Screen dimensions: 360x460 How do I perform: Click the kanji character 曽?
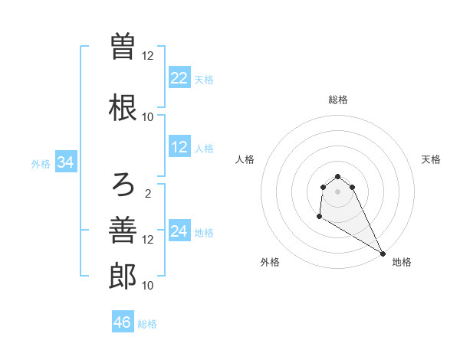pos(123,46)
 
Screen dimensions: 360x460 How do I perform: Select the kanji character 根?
pos(123,107)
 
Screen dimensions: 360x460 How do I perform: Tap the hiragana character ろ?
pos(123,183)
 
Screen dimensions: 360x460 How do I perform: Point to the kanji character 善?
pos(123,230)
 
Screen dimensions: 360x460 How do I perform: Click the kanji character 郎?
pos(123,276)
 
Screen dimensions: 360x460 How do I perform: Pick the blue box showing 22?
pos(179,78)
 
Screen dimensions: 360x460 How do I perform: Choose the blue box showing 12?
pos(179,147)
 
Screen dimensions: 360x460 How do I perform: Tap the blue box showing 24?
pos(179,231)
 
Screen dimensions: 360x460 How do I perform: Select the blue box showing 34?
pos(65,162)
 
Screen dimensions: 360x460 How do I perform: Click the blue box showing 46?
pos(123,322)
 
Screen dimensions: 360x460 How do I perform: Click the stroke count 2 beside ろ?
pos(148,193)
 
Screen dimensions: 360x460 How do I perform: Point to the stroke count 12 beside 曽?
pos(148,55)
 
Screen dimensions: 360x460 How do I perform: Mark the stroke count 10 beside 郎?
pos(148,285)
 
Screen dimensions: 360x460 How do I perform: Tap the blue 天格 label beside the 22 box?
pos(204,79)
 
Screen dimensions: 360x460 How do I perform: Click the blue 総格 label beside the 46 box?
pos(147,323)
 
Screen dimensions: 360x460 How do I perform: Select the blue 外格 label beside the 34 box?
pos(41,163)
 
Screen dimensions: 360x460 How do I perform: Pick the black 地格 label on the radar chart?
pos(402,262)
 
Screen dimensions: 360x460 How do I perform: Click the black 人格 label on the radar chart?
pos(245,159)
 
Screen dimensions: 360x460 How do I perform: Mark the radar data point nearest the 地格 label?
pos(383,254)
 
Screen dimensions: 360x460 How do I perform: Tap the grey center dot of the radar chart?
pos(337,191)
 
